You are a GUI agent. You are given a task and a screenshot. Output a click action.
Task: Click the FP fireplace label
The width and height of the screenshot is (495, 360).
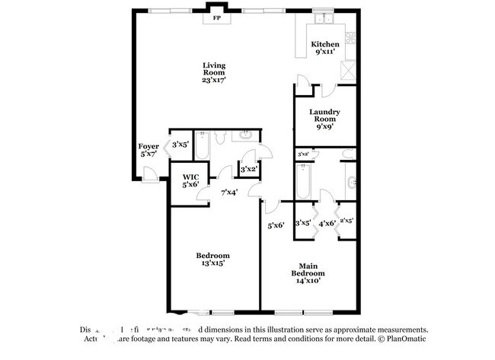coord(217,18)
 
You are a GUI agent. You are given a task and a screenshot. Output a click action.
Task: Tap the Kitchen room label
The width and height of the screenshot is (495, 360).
coord(325,45)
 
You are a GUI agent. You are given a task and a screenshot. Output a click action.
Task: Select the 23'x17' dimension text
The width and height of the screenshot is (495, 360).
coord(216,79)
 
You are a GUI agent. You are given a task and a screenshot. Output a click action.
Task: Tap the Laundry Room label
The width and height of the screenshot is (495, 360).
coord(324,116)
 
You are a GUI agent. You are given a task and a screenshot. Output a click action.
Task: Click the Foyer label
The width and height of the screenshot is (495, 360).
coord(148,146)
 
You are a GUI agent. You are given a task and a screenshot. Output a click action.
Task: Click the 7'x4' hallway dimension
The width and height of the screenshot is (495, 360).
coord(228,192)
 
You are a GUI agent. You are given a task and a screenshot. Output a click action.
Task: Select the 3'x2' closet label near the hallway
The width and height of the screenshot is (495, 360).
coord(249,168)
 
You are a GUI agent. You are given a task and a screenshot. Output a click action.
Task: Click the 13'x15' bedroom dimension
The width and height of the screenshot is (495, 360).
coord(213,263)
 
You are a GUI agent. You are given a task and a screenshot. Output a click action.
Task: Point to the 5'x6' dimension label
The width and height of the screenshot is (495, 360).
coord(276,225)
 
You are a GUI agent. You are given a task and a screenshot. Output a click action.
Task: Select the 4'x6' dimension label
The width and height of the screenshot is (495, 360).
coord(327,223)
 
